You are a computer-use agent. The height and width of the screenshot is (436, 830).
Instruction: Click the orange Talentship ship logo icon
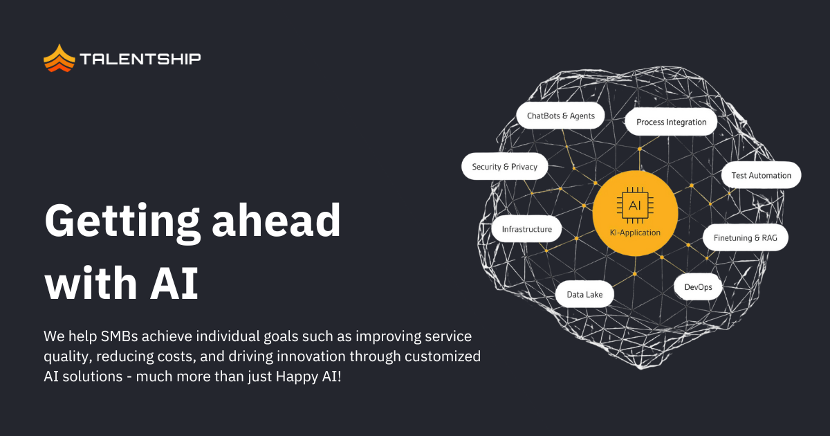59,58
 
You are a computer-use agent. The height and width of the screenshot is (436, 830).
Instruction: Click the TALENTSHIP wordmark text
140,59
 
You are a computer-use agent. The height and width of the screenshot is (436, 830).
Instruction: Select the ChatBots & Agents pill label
561,116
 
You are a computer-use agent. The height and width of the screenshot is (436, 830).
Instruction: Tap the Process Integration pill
671,122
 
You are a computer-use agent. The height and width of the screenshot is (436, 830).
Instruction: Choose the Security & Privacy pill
505,167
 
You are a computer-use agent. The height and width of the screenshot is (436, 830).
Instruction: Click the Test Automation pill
761,175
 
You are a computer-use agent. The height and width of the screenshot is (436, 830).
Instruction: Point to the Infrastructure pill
526,229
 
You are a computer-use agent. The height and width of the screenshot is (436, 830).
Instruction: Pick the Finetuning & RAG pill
745,237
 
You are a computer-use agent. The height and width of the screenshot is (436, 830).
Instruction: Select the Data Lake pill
584,294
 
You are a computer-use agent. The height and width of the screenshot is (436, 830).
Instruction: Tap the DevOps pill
698,287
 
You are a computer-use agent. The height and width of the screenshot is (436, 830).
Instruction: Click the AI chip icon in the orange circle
635,206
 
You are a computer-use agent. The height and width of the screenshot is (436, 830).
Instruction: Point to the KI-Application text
635,233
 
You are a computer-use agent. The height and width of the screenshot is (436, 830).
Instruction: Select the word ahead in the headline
277,220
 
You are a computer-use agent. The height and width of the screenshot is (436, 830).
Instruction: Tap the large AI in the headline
174,283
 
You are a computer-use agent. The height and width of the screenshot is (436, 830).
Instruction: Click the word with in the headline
91,283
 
